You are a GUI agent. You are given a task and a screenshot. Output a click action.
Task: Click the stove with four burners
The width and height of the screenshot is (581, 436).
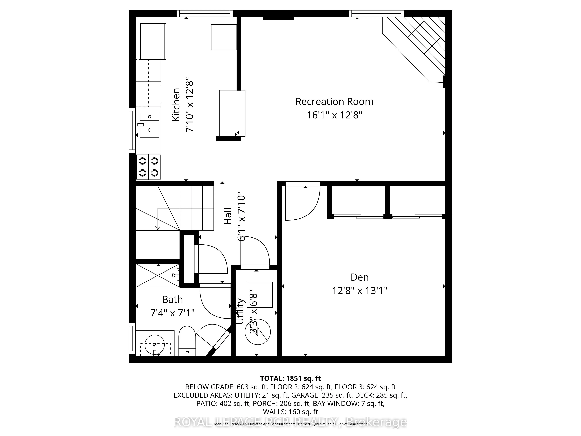[148, 167]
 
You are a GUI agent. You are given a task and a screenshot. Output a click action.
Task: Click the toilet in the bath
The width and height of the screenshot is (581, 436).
[187, 341]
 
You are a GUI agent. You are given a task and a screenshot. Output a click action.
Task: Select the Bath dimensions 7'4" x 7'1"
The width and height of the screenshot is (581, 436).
[172, 313]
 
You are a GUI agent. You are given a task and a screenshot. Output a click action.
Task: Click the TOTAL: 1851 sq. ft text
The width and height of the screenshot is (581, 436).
[290, 378]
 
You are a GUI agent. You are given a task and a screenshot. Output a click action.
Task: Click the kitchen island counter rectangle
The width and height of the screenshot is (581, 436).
[232, 113]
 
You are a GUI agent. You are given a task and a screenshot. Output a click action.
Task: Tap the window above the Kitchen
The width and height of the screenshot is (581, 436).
[205, 13]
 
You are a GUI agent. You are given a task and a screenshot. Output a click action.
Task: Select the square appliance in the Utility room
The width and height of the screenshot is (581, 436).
[260, 294]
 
